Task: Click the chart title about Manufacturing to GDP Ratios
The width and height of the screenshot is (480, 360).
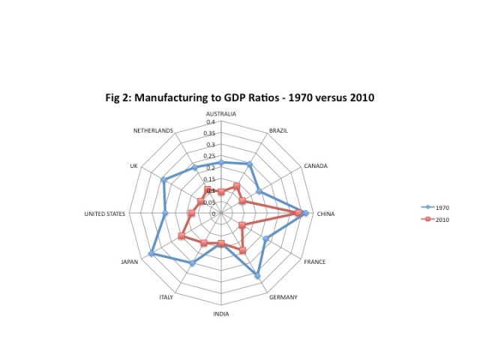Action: coord(239,97)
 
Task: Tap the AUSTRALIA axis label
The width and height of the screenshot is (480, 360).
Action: coord(221,114)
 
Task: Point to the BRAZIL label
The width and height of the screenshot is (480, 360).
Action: coord(278,130)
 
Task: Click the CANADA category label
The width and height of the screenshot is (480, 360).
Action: coord(316,166)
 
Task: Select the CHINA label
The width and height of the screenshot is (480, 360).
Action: coord(325,214)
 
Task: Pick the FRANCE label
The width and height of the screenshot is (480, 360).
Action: coord(314,262)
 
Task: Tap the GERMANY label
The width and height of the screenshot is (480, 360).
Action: coord(282,297)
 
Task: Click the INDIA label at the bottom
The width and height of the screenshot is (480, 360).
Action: coord(221,314)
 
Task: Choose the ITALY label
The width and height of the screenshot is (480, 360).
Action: coord(166,297)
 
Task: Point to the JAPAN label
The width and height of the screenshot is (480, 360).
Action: coord(129,262)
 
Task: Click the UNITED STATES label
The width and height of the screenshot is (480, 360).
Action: coord(104,214)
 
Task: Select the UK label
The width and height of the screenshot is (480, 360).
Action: coord(133,166)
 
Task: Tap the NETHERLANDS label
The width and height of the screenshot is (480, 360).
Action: coord(154,130)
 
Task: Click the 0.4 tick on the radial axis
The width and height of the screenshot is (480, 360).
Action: coord(211,121)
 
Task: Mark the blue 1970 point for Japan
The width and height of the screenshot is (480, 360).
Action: coord(151,254)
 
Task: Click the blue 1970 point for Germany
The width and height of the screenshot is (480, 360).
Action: coord(258,276)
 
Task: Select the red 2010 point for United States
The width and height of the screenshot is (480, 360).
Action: coord(191,214)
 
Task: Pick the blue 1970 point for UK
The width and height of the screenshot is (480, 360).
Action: coord(163,179)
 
